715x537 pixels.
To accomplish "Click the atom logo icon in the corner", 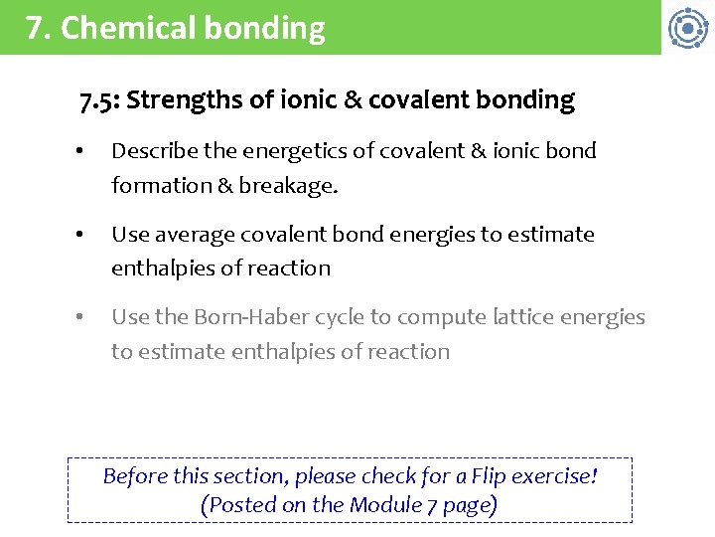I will (x=687, y=28).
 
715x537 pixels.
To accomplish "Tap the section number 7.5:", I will (x=99, y=100).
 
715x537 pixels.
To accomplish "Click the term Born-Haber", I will (x=250, y=318).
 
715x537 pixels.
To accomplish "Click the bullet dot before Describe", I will (x=80, y=152).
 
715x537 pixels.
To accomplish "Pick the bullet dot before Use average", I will (x=80, y=236).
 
